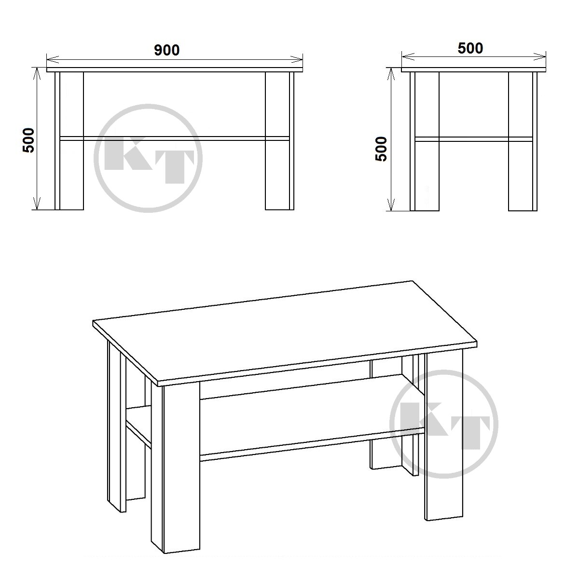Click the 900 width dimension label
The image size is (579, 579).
[167, 50]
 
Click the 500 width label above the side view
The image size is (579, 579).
[470, 48]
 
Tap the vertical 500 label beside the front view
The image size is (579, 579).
[29, 140]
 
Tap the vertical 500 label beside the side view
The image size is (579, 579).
[382, 149]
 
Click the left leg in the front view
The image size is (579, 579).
[69, 140]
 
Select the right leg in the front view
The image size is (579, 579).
[279, 140]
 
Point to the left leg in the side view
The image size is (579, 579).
[425, 141]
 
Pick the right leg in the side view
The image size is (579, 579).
[523, 141]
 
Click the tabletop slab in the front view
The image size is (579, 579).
[175, 69]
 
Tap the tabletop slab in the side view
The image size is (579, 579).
[473, 69]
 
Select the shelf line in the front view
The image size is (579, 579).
[175, 138]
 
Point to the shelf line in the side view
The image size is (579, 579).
[473, 139]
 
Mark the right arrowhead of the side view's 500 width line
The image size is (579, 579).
[540, 56]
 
